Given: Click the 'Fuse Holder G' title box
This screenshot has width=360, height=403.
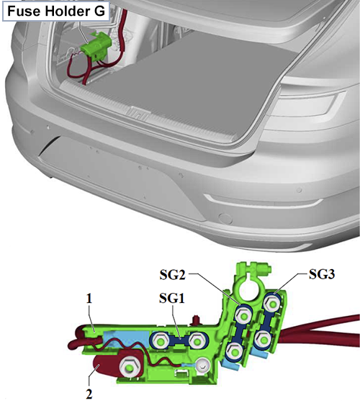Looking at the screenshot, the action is point(56,11).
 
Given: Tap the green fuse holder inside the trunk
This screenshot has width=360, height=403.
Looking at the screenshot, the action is point(96,47).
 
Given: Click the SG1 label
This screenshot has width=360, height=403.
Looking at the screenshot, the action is point(172,299).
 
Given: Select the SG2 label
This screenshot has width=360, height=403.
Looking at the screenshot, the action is point(172,275).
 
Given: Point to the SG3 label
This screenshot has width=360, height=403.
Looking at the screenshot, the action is point(322,274).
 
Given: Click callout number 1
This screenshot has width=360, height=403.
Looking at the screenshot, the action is point(89,299).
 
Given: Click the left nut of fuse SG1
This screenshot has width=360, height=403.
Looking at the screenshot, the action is point(161,341).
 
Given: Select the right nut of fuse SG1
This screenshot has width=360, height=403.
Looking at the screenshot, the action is point(197,341).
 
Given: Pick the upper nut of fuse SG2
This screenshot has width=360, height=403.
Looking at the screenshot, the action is point(243,315).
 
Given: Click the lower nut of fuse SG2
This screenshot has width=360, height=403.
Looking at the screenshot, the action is point(235,351).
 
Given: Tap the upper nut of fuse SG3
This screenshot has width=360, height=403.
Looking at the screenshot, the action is point(273,304).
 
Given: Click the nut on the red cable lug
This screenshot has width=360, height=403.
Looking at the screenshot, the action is point(130,368).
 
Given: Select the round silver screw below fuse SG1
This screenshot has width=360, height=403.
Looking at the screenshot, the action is point(203,366).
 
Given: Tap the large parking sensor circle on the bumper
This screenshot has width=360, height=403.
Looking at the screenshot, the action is point(225,219).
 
